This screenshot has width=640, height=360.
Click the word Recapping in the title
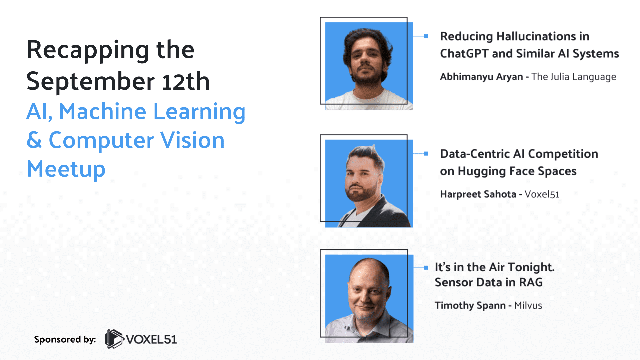(x=88, y=50)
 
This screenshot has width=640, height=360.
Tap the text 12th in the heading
(x=186, y=81)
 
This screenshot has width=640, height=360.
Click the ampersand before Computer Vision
(x=34, y=140)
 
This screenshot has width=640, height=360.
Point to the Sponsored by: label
(x=65, y=339)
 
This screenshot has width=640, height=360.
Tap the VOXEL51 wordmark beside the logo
(x=151, y=339)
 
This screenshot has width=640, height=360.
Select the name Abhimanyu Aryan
(x=481, y=77)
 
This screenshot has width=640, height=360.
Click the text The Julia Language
(x=574, y=77)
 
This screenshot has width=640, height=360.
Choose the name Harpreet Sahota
(x=478, y=194)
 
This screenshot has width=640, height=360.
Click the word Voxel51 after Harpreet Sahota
(x=542, y=194)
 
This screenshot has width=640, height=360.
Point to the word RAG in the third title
(x=531, y=282)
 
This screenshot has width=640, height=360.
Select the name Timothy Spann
(x=470, y=305)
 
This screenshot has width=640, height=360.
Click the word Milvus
(x=528, y=305)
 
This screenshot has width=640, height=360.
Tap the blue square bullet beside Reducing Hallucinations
(x=426, y=36)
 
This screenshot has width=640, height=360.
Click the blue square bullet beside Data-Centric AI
(x=426, y=154)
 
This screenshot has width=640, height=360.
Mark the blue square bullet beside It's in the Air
(x=426, y=268)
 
